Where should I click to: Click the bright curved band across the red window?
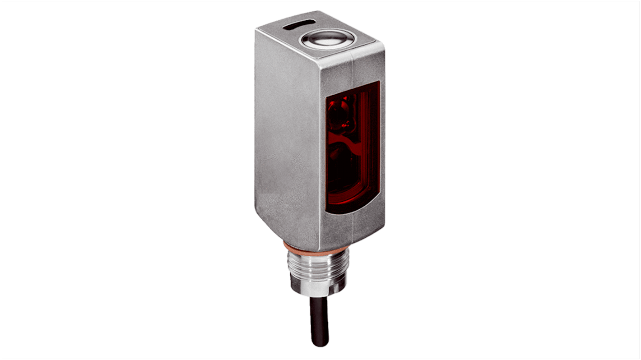point(350,142)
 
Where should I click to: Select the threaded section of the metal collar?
point(316,266)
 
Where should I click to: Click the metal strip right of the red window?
point(382,144)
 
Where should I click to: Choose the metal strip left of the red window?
point(323,144)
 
